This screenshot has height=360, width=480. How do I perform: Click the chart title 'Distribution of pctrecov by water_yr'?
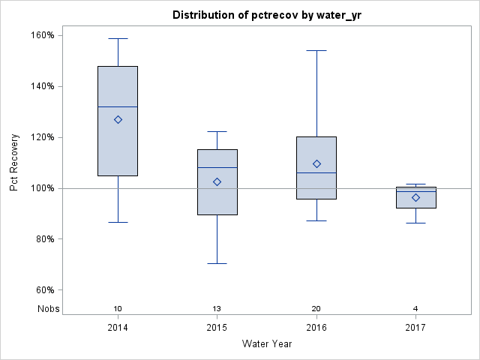[267, 15]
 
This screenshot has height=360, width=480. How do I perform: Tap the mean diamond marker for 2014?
[118, 119]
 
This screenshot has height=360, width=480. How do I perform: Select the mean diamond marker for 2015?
[217, 181]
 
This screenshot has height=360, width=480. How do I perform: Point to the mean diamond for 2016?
[316, 163]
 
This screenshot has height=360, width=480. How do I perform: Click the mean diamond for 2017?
[416, 197]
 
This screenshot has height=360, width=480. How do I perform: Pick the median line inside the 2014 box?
[118, 106]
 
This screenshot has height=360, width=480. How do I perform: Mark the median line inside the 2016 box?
[316, 172]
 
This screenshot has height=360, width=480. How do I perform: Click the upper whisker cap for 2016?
[316, 50]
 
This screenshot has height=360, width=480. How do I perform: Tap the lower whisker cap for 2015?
[217, 263]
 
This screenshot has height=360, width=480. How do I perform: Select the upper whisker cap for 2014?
[118, 38]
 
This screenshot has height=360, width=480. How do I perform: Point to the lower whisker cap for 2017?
[416, 223]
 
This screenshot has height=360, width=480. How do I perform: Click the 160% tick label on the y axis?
[42, 35]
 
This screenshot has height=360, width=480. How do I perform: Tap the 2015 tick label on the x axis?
[217, 328]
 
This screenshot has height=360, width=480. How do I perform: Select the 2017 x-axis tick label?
[416, 328]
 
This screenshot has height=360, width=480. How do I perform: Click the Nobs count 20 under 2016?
[316, 309]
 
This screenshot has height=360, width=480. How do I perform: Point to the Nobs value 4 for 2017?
[416, 309]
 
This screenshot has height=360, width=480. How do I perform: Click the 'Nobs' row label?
[49, 309]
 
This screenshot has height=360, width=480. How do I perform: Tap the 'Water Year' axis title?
[267, 344]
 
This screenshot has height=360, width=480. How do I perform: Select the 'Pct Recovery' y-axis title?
[14, 163]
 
